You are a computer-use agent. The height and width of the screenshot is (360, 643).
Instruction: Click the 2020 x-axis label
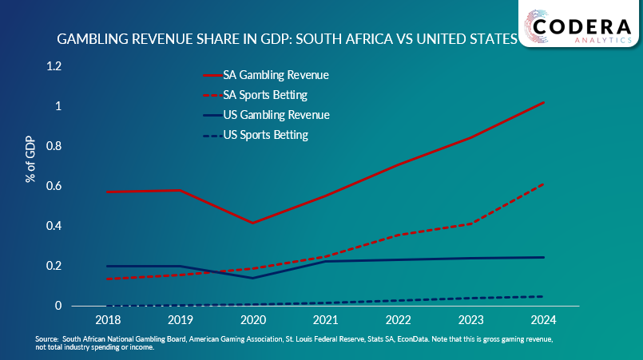(x=252, y=318)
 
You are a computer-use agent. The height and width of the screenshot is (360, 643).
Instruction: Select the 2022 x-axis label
(x=398, y=318)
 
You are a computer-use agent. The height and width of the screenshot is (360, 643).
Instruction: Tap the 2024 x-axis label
(x=543, y=318)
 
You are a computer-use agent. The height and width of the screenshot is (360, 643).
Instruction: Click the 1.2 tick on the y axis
(x=54, y=66)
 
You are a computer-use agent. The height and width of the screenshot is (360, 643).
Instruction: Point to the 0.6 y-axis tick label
(x=54, y=186)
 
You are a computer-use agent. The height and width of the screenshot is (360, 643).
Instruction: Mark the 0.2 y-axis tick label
(x=54, y=266)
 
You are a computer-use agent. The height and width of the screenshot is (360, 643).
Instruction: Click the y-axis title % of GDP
(x=31, y=160)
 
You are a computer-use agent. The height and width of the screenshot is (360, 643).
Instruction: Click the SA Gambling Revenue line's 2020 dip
(x=252, y=223)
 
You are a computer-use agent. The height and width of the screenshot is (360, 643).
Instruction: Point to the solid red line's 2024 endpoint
(x=543, y=103)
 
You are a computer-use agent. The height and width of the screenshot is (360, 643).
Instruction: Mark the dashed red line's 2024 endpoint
(x=543, y=184)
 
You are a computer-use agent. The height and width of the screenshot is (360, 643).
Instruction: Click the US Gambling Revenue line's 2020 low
(x=252, y=278)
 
